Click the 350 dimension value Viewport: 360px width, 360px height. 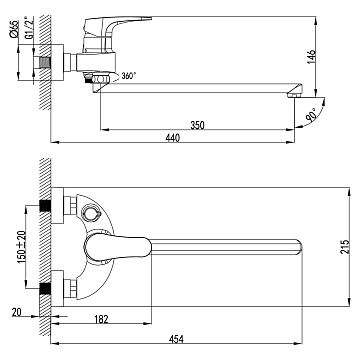tap(197, 125)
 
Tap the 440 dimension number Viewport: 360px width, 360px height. tap(173, 138)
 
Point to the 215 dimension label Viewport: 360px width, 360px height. tap(345, 247)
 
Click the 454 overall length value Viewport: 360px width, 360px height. tap(176, 339)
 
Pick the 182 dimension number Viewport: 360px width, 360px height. tap(101, 319)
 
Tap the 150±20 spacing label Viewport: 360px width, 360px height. tap(22, 247)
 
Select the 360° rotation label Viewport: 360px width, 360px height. tap(129, 76)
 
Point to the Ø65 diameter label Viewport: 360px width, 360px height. tap(14, 29)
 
